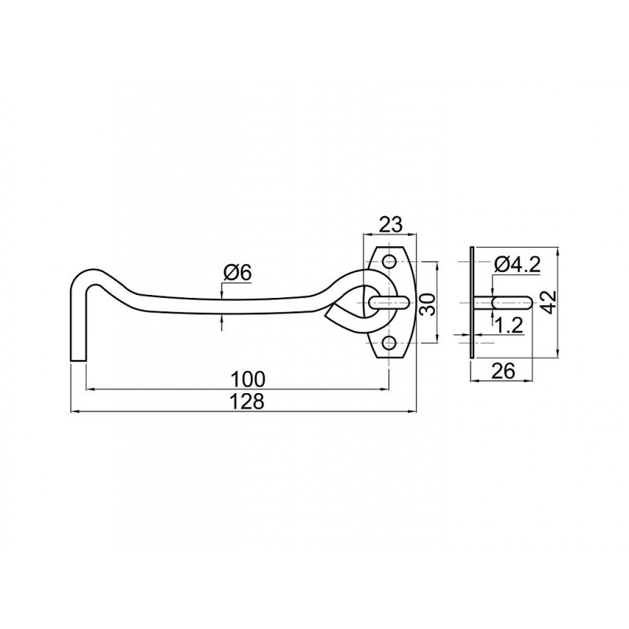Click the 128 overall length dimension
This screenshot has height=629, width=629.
(x=248, y=401)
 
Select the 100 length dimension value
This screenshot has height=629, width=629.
(x=248, y=379)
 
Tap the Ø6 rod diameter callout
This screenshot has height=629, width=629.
(x=237, y=273)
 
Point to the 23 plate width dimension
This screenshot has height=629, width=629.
(x=390, y=224)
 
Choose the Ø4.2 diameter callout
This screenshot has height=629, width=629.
(x=517, y=265)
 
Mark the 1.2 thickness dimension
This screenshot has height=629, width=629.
(x=509, y=326)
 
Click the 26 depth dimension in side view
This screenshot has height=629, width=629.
(x=502, y=370)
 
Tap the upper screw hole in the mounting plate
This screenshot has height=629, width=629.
(x=389, y=262)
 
